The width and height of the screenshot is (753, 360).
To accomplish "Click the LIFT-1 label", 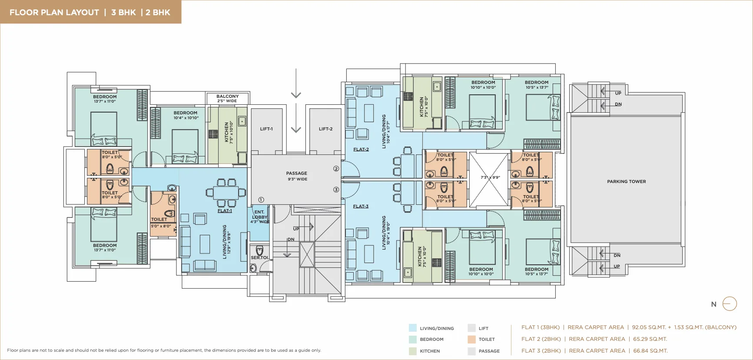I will (x=266, y=129).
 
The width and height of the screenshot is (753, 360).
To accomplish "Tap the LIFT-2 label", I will (x=325, y=129).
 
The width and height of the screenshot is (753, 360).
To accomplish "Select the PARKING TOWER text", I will (x=626, y=182).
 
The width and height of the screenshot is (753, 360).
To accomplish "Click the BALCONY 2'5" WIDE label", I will (x=227, y=99).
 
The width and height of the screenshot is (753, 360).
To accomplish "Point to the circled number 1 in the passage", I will (x=261, y=200).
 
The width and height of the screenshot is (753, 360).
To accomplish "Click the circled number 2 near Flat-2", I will (x=336, y=169).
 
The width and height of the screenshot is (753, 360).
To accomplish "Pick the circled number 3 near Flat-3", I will (x=336, y=190).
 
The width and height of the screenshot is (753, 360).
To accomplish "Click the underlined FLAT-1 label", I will (x=225, y=211).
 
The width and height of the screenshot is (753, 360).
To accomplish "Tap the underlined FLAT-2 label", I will (x=361, y=150).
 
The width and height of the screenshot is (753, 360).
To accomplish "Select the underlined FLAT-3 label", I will (x=361, y=207).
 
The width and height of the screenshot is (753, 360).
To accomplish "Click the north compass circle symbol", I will (x=730, y=303).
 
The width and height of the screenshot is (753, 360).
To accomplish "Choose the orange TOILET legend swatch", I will (x=471, y=340).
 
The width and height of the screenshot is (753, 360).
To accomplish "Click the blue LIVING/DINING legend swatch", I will (x=412, y=328).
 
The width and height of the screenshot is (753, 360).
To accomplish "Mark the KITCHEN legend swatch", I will (x=412, y=351).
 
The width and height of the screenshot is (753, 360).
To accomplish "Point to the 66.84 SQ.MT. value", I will (x=650, y=351).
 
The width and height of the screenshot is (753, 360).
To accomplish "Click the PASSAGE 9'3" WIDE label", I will (x=297, y=176).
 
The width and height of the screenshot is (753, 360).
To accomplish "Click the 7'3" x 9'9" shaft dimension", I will (x=490, y=177).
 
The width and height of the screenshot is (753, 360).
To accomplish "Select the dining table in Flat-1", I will (x=226, y=192).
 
